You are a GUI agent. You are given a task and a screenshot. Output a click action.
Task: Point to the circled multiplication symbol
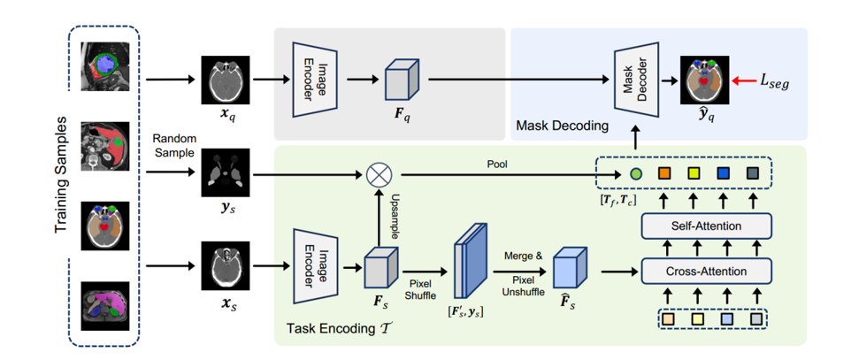(379, 172)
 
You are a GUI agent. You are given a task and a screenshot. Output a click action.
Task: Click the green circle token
(635, 173)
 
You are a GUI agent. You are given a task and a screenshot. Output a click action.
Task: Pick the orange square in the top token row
(663, 173)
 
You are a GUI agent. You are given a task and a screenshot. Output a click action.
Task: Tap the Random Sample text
(175, 146)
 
